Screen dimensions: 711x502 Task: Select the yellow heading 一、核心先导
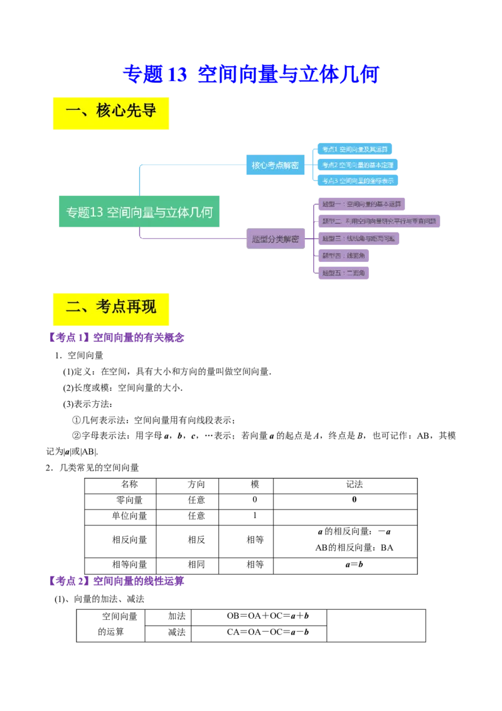pyautogui.click(x=110, y=112)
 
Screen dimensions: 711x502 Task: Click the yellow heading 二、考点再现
pyautogui.click(x=110, y=308)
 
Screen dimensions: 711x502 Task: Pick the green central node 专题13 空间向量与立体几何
pyautogui.click(x=139, y=212)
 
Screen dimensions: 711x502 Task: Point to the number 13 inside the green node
pyautogui.click(x=97, y=212)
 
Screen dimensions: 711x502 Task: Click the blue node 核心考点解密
pyautogui.click(x=275, y=165)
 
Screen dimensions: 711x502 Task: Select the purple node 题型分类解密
pyautogui.click(x=275, y=239)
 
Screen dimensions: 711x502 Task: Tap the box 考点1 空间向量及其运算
pyautogui.click(x=355, y=149)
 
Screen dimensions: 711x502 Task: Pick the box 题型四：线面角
pyautogui.click(x=344, y=256)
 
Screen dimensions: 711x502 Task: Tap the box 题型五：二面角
pyautogui.click(x=344, y=273)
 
